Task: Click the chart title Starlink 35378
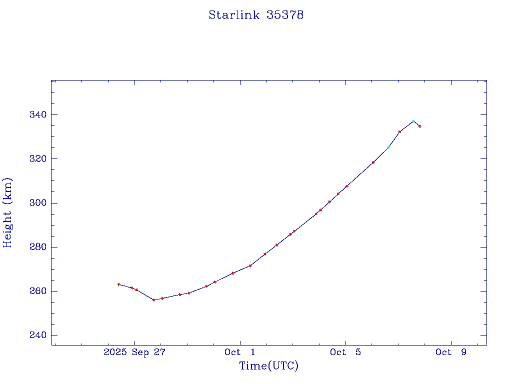tap(256, 15)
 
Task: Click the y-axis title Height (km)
tap(8, 212)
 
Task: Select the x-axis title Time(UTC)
tap(268, 366)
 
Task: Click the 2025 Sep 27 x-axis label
tap(134, 352)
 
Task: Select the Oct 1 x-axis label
tap(240, 352)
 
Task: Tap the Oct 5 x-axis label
tap(345, 352)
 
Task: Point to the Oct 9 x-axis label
tap(451, 352)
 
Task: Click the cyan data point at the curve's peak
tap(413, 121)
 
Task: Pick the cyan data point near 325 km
tap(388, 147)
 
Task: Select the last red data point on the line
tap(420, 126)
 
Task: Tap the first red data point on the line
tap(118, 284)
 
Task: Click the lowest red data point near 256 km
tap(153, 300)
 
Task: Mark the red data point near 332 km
tap(399, 131)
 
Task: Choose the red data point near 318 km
tap(373, 162)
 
